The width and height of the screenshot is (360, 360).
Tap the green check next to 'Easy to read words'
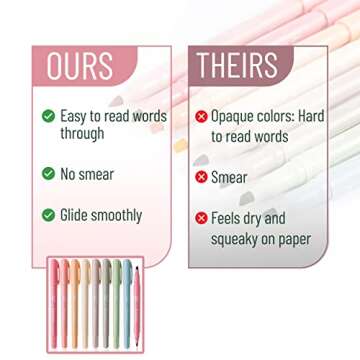48,116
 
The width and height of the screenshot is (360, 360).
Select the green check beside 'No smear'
48,173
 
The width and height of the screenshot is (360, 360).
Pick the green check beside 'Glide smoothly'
48,215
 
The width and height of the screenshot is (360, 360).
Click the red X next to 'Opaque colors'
201,117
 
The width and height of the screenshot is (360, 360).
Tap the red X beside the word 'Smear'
201,177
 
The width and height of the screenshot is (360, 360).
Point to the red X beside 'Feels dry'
201,218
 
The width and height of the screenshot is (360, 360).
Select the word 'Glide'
76,215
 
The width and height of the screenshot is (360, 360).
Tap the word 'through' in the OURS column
81,134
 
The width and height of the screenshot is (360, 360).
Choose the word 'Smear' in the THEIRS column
229,177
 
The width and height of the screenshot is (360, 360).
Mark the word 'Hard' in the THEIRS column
311,117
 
